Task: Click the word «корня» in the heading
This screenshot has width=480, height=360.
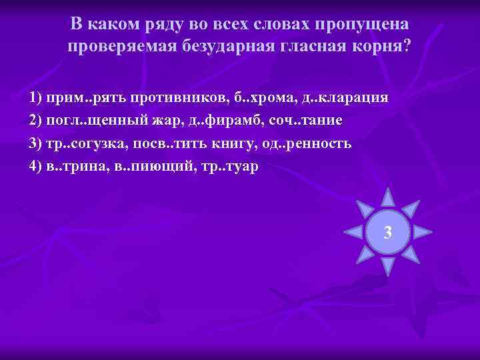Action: (377, 47)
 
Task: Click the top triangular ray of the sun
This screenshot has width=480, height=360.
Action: (387, 197)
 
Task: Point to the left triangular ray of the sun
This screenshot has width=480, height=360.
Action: (353, 232)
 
